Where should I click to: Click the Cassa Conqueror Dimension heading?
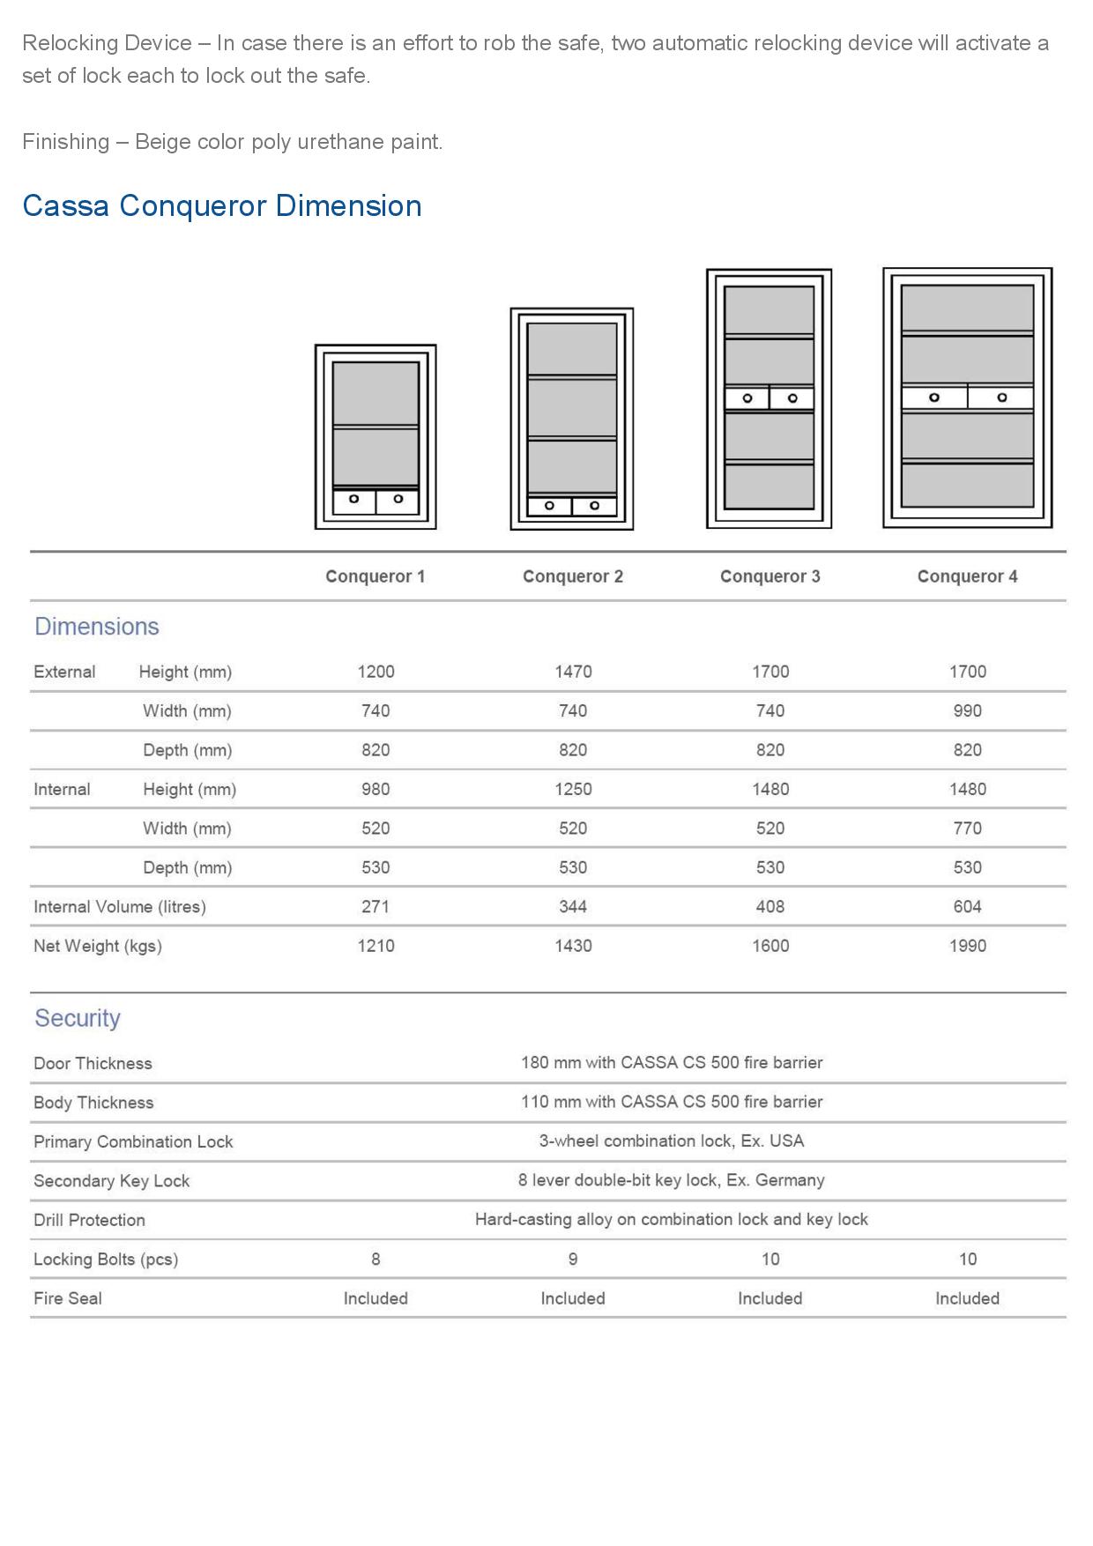[x=222, y=205]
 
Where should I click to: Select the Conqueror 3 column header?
[x=770, y=576]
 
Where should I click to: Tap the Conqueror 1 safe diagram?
[x=375, y=437]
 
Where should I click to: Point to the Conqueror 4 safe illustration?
[x=967, y=398]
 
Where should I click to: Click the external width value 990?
[x=967, y=710]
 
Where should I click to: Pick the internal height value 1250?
[x=573, y=789]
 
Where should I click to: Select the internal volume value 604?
[x=967, y=906]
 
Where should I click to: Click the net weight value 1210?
[x=375, y=946]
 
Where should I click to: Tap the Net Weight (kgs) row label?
[x=98, y=946]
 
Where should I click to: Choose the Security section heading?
[x=78, y=1018]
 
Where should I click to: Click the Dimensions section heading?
[x=97, y=627]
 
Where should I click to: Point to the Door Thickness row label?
[x=93, y=1063]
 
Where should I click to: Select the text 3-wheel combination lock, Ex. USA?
[x=672, y=1141]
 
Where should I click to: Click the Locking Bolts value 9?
[x=573, y=1259]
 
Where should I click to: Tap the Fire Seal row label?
[x=68, y=1298]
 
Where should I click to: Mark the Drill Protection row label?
[x=89, y=1220]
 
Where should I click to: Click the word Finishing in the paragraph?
[x=65, y=142]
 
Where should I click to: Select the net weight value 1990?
[x=967, y=946]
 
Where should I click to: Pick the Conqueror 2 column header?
[x=573, y=576]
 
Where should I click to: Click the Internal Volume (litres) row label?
[x=120, y=906]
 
